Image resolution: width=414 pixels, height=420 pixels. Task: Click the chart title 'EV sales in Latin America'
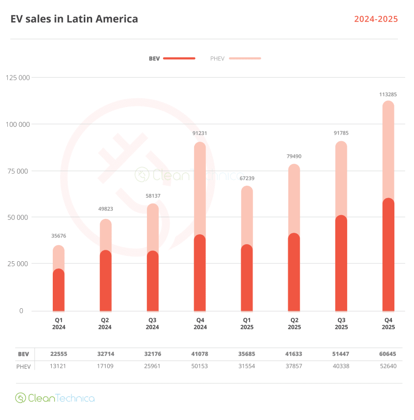coord(75,19)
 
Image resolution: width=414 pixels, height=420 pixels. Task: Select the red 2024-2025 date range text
coord(376,19)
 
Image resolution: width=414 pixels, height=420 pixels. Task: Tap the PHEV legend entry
coord(235,58)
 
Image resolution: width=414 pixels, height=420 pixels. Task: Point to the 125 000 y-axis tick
coord(18,78)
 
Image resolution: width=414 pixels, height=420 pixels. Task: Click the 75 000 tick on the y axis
coord(18,171)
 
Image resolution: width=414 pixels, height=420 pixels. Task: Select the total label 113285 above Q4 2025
coord(388,95)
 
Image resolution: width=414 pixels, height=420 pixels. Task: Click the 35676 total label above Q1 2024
coord(58,236)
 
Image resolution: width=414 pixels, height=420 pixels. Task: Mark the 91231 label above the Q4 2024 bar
coord(200,133)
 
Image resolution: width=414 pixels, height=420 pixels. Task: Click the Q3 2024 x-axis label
coord(152,324)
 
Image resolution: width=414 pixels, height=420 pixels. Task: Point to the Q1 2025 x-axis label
coord(247,324)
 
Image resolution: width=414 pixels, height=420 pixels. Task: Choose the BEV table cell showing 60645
coord(388,354)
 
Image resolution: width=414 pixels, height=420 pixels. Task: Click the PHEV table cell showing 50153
coord(200,367)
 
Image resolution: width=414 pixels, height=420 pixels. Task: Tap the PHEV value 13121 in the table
coord(58,367)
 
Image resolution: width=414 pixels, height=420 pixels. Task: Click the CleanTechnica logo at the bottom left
coord(55,398)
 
